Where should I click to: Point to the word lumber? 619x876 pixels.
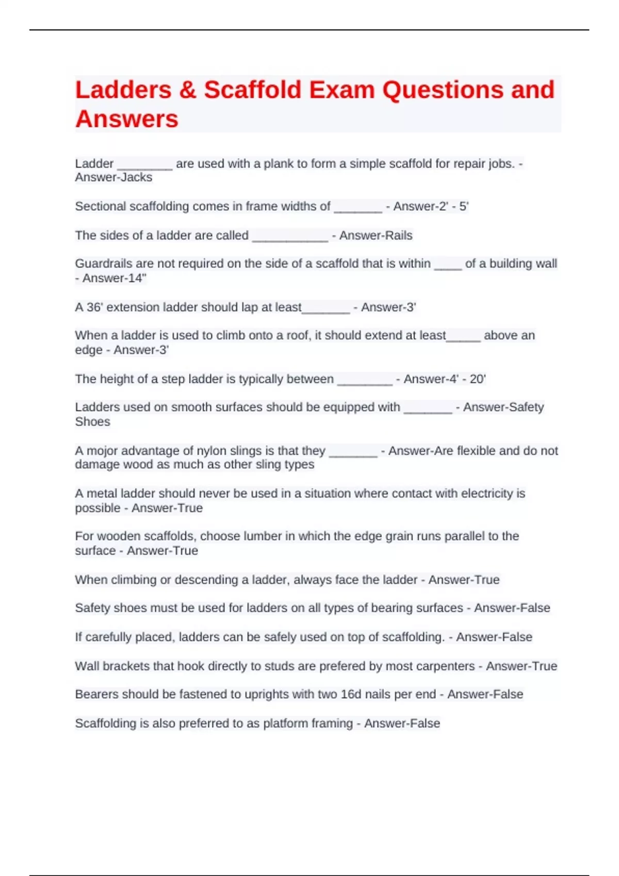point(257,536)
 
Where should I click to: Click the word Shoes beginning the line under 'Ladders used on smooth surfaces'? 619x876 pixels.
point(93,422)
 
